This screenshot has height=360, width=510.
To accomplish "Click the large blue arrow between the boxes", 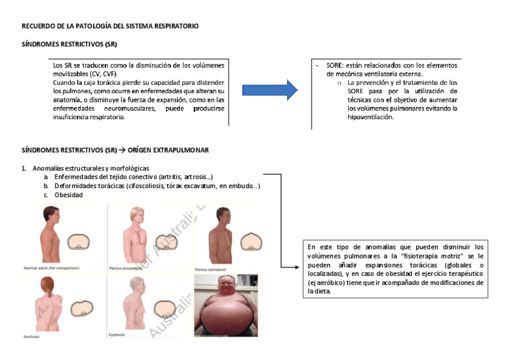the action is click(269, 90).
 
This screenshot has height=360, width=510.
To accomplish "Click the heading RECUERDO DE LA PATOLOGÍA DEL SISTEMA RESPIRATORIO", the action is click(110, 26).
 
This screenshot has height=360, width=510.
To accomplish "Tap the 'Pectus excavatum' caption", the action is click(126, 268).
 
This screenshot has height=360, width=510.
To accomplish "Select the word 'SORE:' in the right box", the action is click(335, 66).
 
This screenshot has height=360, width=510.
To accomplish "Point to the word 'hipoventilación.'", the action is click(370, 117).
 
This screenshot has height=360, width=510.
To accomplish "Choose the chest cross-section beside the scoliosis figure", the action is click(81, 309).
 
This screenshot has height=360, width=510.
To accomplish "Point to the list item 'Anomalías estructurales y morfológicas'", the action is click(91, 168).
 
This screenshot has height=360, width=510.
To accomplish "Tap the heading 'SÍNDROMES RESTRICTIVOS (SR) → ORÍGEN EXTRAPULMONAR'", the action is click(115, 150).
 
